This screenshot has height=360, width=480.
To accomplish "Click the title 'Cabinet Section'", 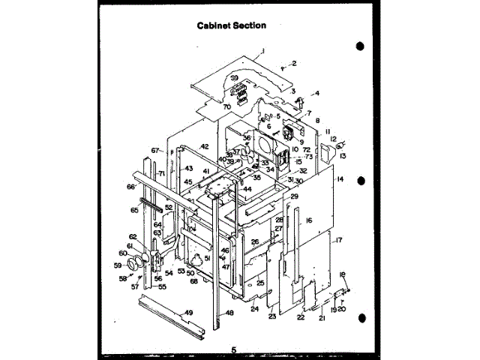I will [x=231, y=25].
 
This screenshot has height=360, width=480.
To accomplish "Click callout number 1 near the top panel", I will [x=264, y=52].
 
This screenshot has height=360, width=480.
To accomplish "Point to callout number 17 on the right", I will [x=339, y=240].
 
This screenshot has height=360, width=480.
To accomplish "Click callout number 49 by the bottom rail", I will [x=189, y=313].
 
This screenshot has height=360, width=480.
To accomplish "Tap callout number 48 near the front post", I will [x=230, y=313].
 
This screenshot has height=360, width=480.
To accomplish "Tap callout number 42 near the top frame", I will [x=204, y=147].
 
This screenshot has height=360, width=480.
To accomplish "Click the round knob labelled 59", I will [x=134, y=263].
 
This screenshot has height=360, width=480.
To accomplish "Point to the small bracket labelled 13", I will [x=327, y=153].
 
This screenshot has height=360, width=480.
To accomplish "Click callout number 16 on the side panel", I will [x=308, y=220].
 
